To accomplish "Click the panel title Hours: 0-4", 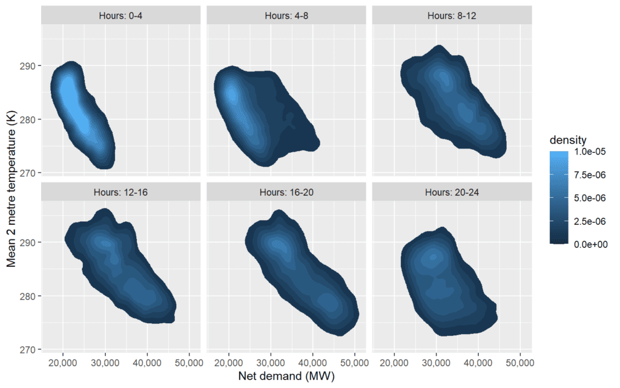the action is [x=120, y=16].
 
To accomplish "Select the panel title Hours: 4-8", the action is [x=286, y=16].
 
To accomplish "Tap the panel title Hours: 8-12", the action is [x=452, y=16].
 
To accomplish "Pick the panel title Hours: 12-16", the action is [x=120, y=192].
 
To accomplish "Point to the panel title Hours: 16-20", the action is [x=286, y=192].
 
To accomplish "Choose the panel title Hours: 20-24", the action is [x=452, y=192].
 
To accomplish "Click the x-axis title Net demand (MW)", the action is [x=286, y=376].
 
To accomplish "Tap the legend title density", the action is [x=568, y=140].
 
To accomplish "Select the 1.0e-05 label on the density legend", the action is [x=590, y=152].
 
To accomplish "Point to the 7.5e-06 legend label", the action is [x=590, y=175].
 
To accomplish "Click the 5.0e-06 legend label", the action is [x=590, y=198].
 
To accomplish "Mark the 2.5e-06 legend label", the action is [x=590, y=221].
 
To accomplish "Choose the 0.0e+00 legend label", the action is [x=591, y=244].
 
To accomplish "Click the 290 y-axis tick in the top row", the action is [x=27, y=65].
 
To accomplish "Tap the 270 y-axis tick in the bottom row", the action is [x=27, y=350].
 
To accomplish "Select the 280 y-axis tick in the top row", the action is [x=27, y=119].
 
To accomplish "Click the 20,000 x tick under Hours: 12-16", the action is [x=63, y=363].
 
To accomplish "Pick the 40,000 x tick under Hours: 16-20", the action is [x=313, y=363].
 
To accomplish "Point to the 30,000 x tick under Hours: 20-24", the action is [x=436, y=363].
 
